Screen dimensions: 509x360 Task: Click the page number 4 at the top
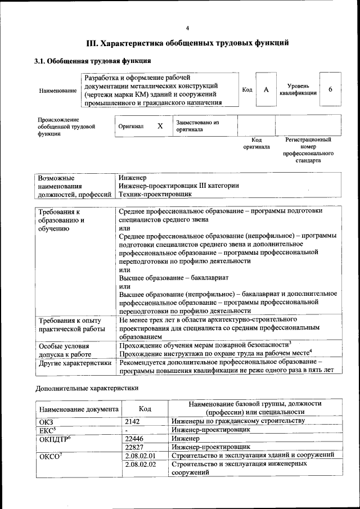coord(187,28)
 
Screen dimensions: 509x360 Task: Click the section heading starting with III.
coord(187,43)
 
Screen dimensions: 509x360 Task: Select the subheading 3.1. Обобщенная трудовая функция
coord(93,61)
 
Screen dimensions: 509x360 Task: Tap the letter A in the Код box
coord(267,90)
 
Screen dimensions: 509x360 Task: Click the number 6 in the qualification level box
coord(330,90)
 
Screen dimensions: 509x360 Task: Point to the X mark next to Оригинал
coord(160,127)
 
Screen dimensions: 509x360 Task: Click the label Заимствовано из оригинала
coord(197,126)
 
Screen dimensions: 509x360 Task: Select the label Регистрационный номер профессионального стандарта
coord(308,150)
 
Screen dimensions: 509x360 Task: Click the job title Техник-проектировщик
coord(155,193)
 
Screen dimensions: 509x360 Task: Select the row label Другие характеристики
coord(74,363)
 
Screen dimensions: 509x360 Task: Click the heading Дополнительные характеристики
coord(87,388)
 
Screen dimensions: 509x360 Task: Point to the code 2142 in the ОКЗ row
coord(132,421)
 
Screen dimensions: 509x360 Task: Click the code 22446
coord(134,438)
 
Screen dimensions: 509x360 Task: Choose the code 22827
coord(134,447)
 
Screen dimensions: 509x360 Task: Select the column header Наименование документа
coord(79,409)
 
